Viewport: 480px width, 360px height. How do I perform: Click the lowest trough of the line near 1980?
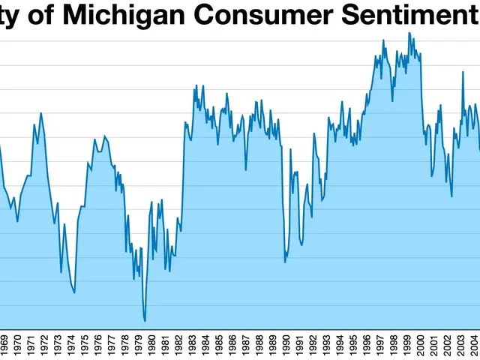pyautogui.click(x=145, y=321)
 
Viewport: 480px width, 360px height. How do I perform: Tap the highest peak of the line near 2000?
pyautogui.click(x=409, y=33)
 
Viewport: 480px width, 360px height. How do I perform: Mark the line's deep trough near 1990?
pyautogui.click(x=285, y=262)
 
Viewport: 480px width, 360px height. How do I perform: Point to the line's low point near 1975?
pyautogui.click(x=74, y=292)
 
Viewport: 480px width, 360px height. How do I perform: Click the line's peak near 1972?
pyautogui.click(x=40, y=113)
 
